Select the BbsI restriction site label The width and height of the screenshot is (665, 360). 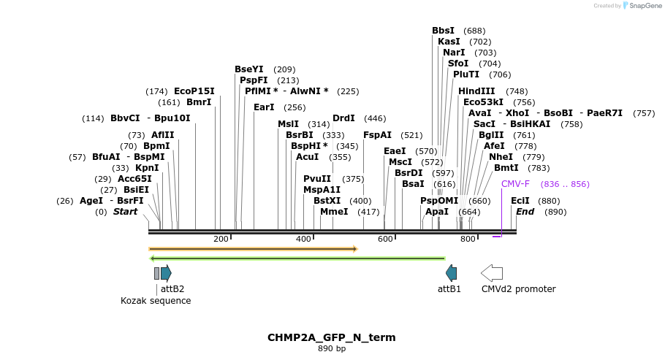point(443,31)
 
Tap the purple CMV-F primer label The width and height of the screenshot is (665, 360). point(515,184)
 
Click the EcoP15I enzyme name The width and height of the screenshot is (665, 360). point(194,91)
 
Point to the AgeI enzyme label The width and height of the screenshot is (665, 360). point(91,201)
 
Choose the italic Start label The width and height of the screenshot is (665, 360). point(125,212)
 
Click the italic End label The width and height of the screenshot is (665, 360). point(525,212)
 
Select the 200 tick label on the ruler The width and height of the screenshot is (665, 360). point(221,240)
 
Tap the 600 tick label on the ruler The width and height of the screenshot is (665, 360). point(385,240)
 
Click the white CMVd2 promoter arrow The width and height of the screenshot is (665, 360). point(492,273)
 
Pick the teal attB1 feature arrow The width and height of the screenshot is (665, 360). point(452,273)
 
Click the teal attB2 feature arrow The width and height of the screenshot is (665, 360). point(166,273)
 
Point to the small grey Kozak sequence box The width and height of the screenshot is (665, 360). point(156,273)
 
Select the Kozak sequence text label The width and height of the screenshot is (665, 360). point(156,300)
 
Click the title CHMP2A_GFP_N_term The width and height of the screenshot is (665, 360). point(332,337)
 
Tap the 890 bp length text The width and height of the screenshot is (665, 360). point(332,349)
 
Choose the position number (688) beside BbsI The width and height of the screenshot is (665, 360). point(474,31)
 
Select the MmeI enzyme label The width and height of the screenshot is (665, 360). point(334,212)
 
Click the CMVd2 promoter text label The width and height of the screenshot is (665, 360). point(518,289)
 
